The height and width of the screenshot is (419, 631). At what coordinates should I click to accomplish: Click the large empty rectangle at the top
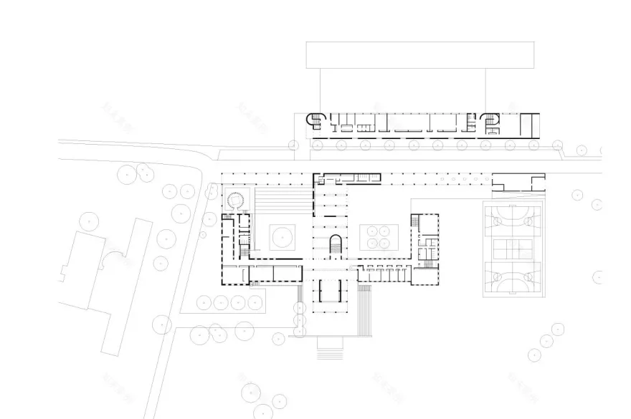coord(419,54)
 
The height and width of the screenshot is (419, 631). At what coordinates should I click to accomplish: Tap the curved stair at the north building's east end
coord(491,122)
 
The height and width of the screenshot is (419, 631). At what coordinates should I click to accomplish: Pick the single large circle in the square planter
coord(281,233)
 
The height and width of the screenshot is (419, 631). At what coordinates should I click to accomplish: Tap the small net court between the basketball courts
coord(513,248)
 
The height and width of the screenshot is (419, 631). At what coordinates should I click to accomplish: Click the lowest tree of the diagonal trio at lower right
coord(535,355)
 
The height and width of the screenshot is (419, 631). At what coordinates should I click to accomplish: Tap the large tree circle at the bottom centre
coord(251,392)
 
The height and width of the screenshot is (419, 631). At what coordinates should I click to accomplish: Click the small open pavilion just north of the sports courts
coord(518,183)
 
